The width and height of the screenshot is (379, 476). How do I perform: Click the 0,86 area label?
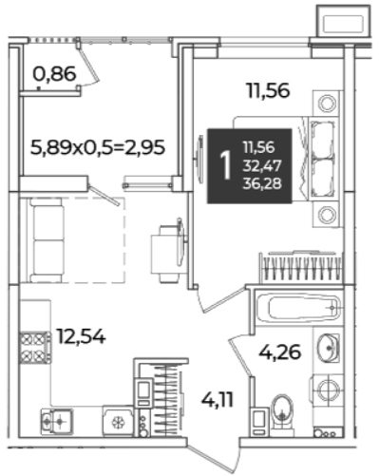tap(54, 74)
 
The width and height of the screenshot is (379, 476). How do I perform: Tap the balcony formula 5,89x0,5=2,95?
tap(98, 147)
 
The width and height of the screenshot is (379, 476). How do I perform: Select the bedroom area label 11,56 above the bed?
tap(268, 90)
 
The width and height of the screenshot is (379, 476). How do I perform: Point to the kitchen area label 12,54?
tap(81, 336)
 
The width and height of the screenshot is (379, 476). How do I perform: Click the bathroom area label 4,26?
tap(279, 352)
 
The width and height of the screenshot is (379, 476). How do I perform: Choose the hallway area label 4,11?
tap(218, 400)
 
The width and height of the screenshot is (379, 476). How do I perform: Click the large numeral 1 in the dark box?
tap(225, 165)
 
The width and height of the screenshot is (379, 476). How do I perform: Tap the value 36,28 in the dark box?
tap(262, 183)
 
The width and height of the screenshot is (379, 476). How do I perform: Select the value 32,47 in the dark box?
tap(262, 165)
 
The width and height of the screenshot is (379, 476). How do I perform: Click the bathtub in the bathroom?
tap(298, 308)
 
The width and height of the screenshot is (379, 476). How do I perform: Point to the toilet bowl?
tap(282, 412)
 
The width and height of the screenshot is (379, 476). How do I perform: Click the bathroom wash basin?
tap(329, 348)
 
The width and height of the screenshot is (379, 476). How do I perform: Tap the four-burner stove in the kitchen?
tap(35, 348)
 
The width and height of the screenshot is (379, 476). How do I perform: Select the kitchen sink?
tap(57, 422)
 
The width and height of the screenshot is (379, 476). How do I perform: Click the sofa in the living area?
tap(46, 239)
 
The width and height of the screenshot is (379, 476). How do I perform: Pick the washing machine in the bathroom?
tap(328, 390)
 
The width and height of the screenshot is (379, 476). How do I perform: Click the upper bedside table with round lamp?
tap(327, 104)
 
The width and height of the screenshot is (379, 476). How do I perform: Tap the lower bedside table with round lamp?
tap(327, 215)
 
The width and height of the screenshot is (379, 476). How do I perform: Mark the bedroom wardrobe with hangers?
tap(301, 267)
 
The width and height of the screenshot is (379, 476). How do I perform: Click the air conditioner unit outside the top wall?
tap(343, 21)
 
